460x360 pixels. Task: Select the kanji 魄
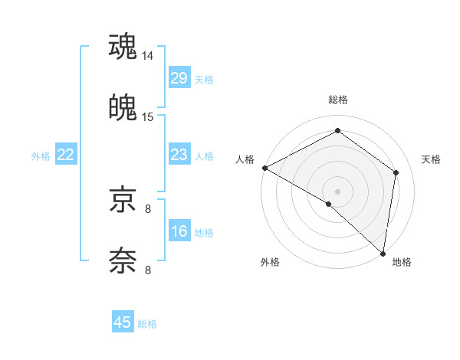(123, 108)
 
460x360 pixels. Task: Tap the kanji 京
(123, 200)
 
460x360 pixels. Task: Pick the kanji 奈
(123, 261)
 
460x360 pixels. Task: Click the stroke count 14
(148, 56)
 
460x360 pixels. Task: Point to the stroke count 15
(148, 117)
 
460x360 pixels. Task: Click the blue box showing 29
(179, 78)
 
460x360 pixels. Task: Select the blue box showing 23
(179, 155)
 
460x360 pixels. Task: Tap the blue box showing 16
(179, 231)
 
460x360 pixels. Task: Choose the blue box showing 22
(66, 155)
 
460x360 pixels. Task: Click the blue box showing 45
(123, 322)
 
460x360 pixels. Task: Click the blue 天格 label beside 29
(204, 80)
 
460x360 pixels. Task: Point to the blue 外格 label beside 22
(41, 156)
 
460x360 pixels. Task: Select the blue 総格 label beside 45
(147, 324)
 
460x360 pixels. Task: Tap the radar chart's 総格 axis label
(338, 100)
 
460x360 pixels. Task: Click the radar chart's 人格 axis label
(245, 159)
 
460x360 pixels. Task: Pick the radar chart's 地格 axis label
(402, 263)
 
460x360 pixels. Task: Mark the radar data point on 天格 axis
(396, 172)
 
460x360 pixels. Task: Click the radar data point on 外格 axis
(329, 204)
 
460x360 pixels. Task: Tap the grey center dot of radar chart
(338, 191)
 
